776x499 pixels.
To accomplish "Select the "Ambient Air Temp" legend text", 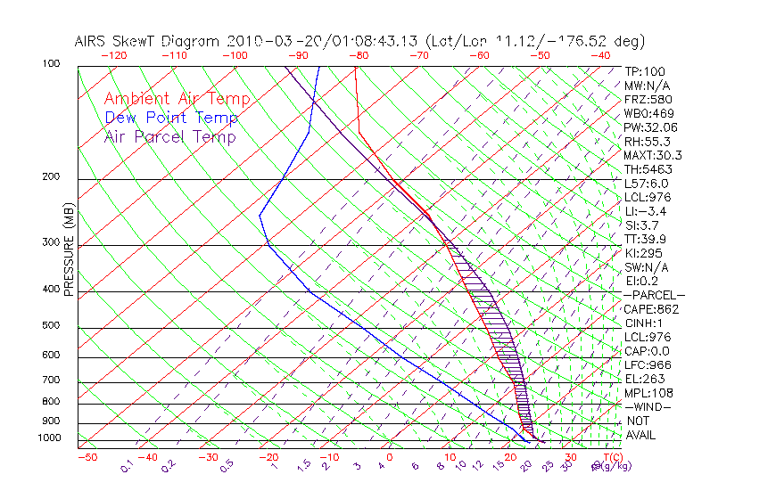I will coord(177,99).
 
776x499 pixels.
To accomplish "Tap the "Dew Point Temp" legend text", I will coord(171,118).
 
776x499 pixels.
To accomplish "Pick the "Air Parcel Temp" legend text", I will coord(169,136).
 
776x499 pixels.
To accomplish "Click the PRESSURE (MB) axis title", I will coord(70,254).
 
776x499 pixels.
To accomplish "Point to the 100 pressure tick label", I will coord(51,64).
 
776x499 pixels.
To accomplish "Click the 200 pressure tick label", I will coord(51,177).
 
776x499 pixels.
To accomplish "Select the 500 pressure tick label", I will coord(51,326).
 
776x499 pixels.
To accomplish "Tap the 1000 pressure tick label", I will coord(48,438).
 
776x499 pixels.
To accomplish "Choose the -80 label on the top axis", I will coord(359,55).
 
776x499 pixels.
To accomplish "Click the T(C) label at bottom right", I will coord(611,458).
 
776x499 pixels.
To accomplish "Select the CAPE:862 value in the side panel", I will coord(651,309).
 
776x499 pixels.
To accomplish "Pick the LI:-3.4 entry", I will coord(646,211).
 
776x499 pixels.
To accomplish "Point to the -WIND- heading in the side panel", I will coord(648,406).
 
